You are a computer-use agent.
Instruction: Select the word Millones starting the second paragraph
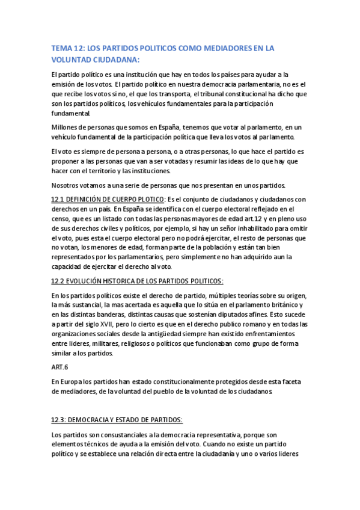pos(67,127)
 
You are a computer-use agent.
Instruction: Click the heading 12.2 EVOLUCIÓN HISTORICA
pos(137,281)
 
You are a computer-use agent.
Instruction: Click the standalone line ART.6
pos(60,366)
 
